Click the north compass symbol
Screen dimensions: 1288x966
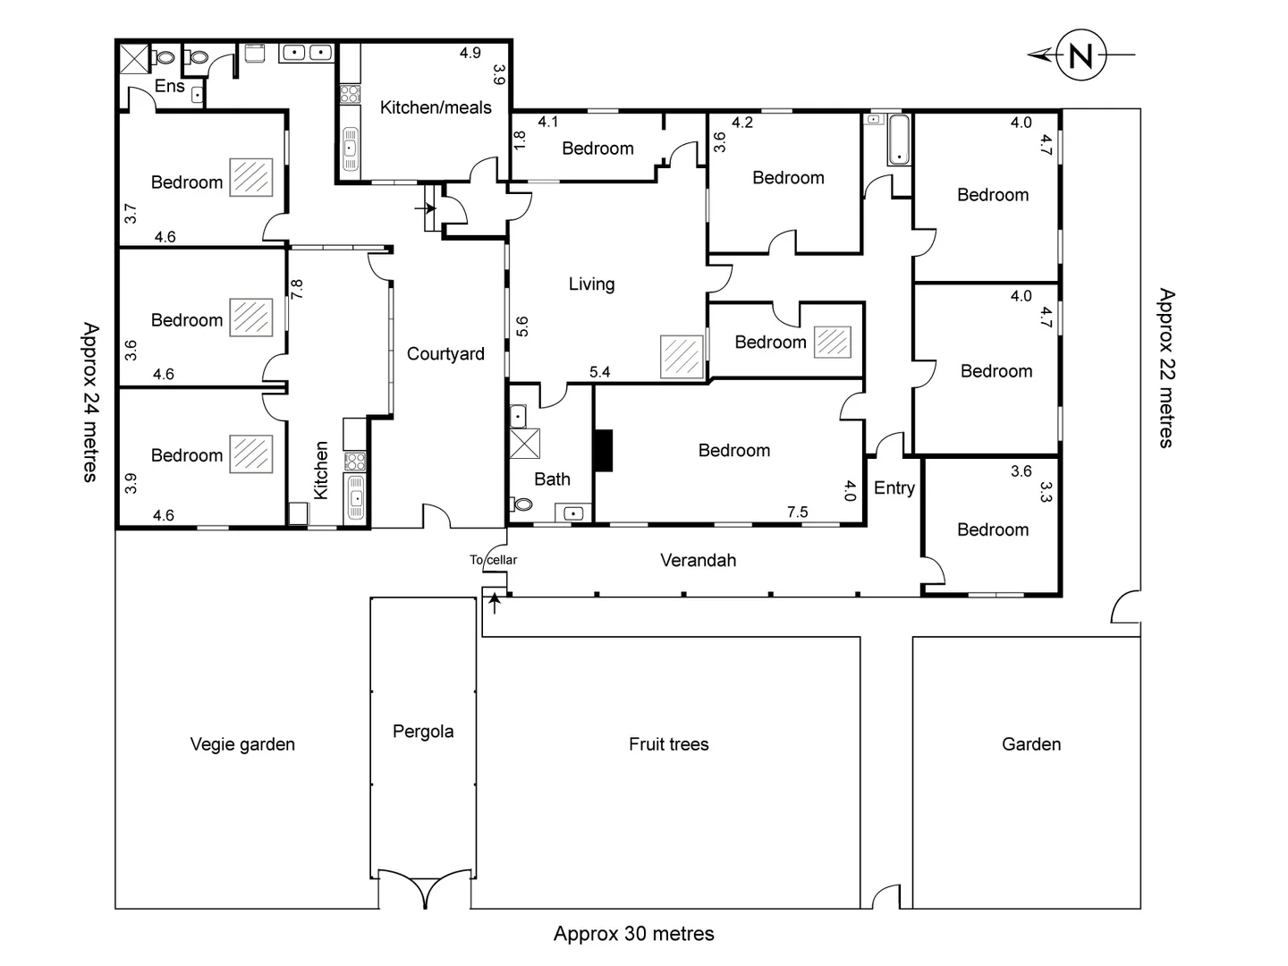[1080, 55]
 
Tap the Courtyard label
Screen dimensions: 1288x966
[445, 354]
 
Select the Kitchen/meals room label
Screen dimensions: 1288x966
[436, 108]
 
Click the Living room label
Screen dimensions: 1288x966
[591, 284]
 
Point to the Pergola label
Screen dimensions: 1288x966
[423, 732]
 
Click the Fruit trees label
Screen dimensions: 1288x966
[668, 744]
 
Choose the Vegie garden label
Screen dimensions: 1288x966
[242, 744]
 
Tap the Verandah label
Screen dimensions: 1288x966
[698, 561]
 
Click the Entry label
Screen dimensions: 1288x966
[894, 488]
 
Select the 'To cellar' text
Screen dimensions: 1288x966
[494, 561]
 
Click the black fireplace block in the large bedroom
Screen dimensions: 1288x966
[605, 451]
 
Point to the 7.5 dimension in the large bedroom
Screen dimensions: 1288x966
[797, 513]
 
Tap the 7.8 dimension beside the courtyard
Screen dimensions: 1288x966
[297, 289]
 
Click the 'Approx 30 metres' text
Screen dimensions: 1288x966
[633, 935]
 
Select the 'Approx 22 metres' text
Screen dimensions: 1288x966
[1166, 368]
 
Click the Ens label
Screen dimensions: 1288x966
[169, 87]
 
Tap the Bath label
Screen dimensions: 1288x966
[552, 479]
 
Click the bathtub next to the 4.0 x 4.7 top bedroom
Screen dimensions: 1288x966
[898, 140]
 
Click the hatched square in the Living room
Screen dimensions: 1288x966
[682, 356]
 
